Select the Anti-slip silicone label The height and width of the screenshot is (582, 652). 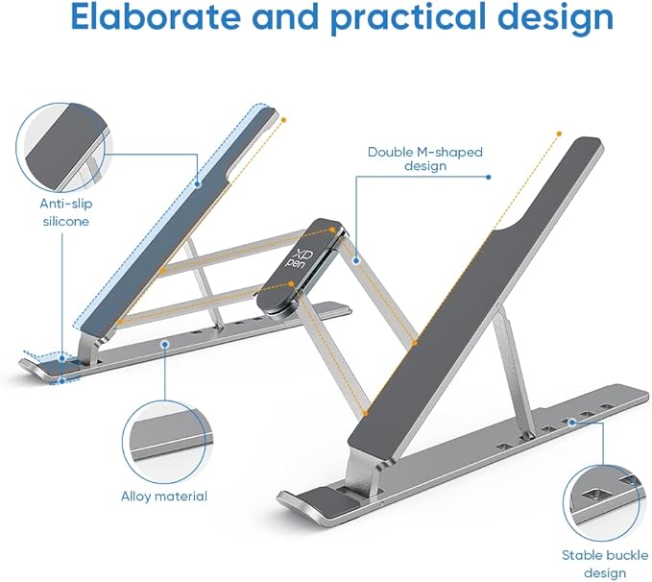click(x=66, y=212)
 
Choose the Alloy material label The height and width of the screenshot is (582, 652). click(x=164, y=497)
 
